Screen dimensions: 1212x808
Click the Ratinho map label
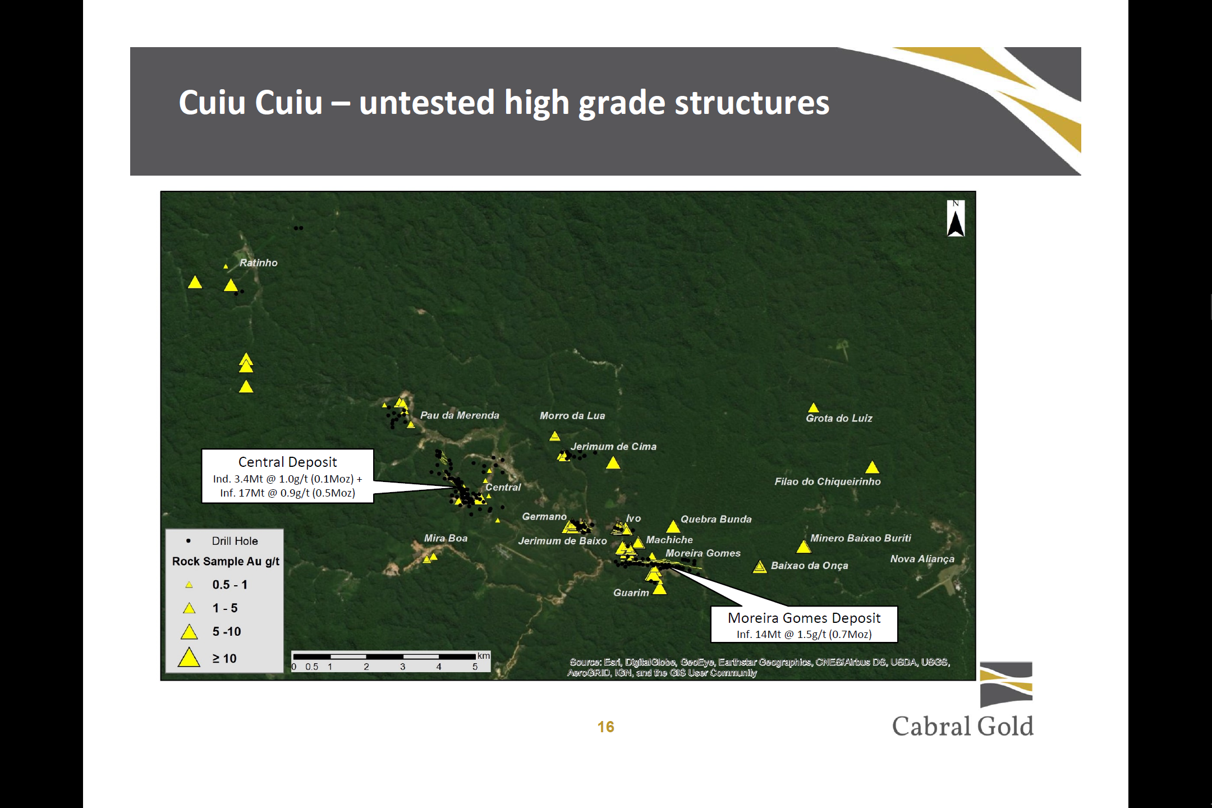pyautogui.click(x=258, y=263)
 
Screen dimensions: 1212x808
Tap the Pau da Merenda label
pyautogui.click(x=460, y=415)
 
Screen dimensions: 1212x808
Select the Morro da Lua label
pyautogui.click(x=572, y=416)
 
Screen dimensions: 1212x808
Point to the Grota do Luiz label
pyautogui.click(x=839, y=418)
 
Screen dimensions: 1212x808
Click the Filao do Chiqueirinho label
pyautogui.click(x=828, y=481)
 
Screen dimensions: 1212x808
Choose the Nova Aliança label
pyautogui.click(x=922, y=559)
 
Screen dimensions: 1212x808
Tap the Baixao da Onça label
pyautogui.click(x=809, y=566)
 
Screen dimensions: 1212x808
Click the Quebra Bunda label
pyautogui.click(x=716, y=519)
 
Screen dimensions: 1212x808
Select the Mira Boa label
pyautogui.click(x=446, y=538)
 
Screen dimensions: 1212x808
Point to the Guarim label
pyautogui.click(x=631, y=593)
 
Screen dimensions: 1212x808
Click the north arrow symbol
pyautogui.click(x=956, y=219)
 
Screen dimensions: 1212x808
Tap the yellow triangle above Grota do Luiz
pyautogui.click(x=813, y=407)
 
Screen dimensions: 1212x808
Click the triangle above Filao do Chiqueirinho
pyautogui.click(x=872, y=467)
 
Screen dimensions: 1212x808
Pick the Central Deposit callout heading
pyautogui.click(x=287, y=462)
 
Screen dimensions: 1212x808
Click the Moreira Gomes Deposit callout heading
pyautogui.click(x=804, y=618)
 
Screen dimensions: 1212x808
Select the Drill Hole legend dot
pyautogui.click(x=189, y=541)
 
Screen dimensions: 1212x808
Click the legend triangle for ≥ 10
pyautogui.click(x=189, y=657)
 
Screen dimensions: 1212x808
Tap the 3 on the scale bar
pyautogui.click(x=402, y=667)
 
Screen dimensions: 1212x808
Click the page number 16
pyautogui.click(x=605, y=727)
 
